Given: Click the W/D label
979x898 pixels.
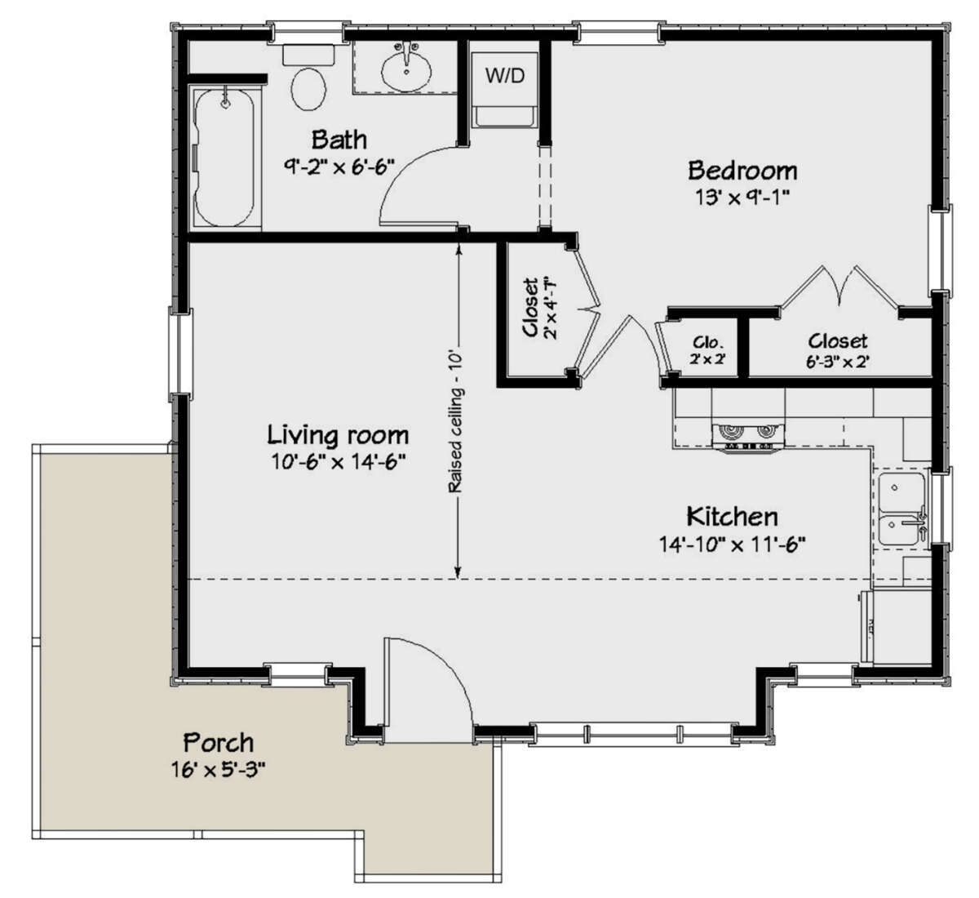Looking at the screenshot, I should (505, 76).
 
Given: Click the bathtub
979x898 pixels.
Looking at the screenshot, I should (225, 158).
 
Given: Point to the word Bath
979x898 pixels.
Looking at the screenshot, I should (339, 139).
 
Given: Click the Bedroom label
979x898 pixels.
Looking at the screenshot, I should (742, 171).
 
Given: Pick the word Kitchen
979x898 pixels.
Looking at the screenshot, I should (732, 517).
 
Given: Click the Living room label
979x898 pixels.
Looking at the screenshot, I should (339, 434).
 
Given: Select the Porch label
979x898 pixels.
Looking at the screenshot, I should (218, 743).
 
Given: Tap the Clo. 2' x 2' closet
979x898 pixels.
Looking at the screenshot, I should (703, 349).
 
